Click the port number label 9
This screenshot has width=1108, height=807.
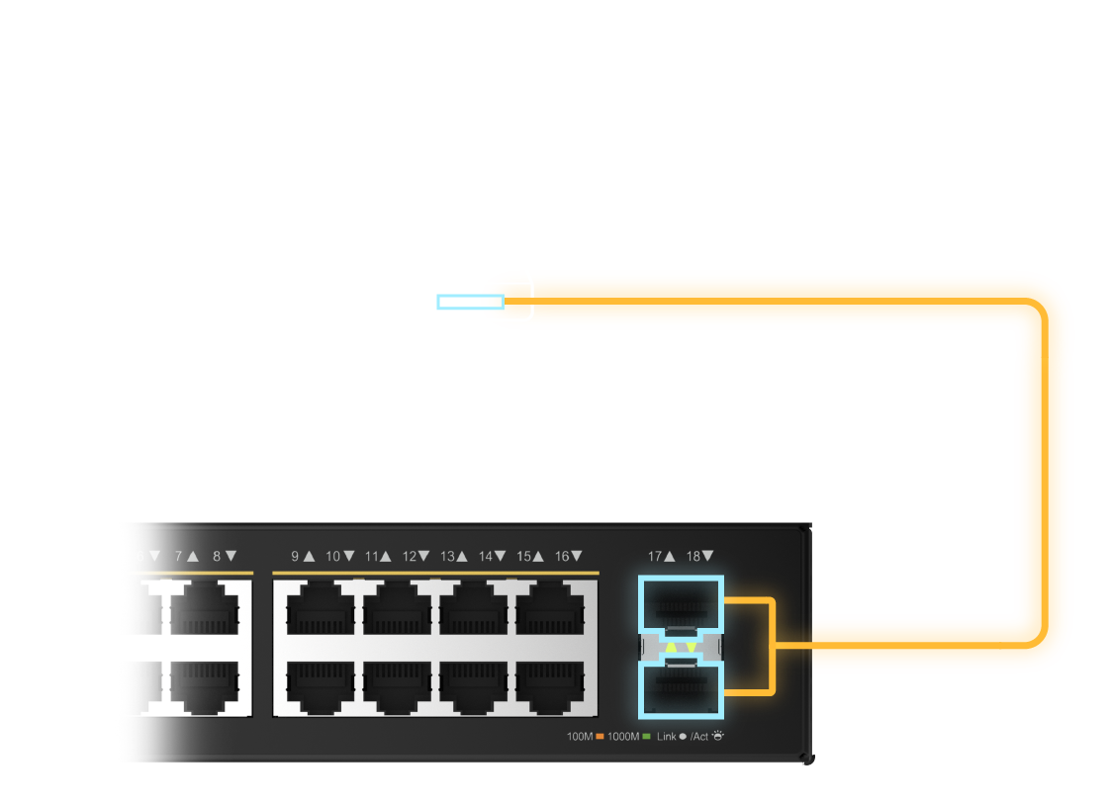[295, 557]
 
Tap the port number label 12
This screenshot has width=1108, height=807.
[409, 557]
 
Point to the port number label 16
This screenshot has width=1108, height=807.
[562, 557]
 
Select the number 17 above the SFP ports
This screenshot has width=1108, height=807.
[655, 557]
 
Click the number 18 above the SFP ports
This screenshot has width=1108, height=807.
[692, 557]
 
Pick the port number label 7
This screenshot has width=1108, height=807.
[179, 557]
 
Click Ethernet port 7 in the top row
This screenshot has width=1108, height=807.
[205, 609]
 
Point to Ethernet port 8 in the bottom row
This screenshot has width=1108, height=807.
[205, 685]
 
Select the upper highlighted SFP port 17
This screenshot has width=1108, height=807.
[682, 602]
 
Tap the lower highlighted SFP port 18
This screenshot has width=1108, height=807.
[682, 688]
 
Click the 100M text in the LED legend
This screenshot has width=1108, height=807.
[579, 737]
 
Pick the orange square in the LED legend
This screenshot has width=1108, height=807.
[600, 737]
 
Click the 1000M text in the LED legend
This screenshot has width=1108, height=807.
[623, 737]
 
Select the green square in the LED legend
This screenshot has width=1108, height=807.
[646, 737]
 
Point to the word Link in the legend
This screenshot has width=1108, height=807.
[666, 737]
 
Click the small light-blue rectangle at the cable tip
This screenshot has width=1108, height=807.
[470, 302]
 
